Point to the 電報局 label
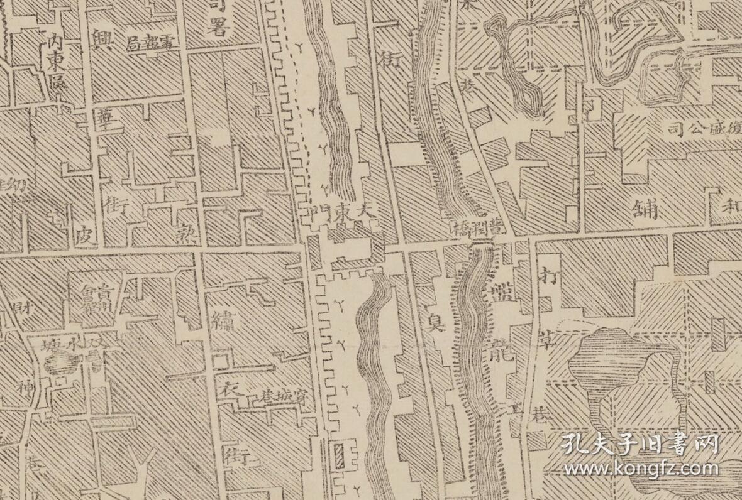153,44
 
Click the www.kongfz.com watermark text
641,469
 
